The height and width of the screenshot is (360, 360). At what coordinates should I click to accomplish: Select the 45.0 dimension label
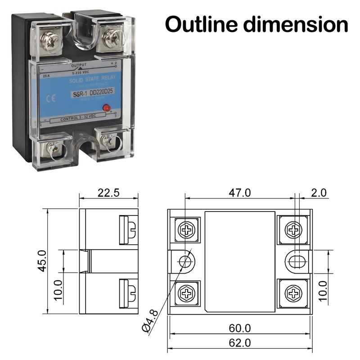pos(42,261)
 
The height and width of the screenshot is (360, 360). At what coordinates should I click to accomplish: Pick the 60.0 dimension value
pos(239,328)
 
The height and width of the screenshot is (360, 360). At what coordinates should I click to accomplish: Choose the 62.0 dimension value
pos(239,342)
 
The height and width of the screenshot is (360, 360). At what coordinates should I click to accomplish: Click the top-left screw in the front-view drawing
pos(186,230)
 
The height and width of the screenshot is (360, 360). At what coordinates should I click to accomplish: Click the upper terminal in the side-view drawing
pos(129,229)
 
